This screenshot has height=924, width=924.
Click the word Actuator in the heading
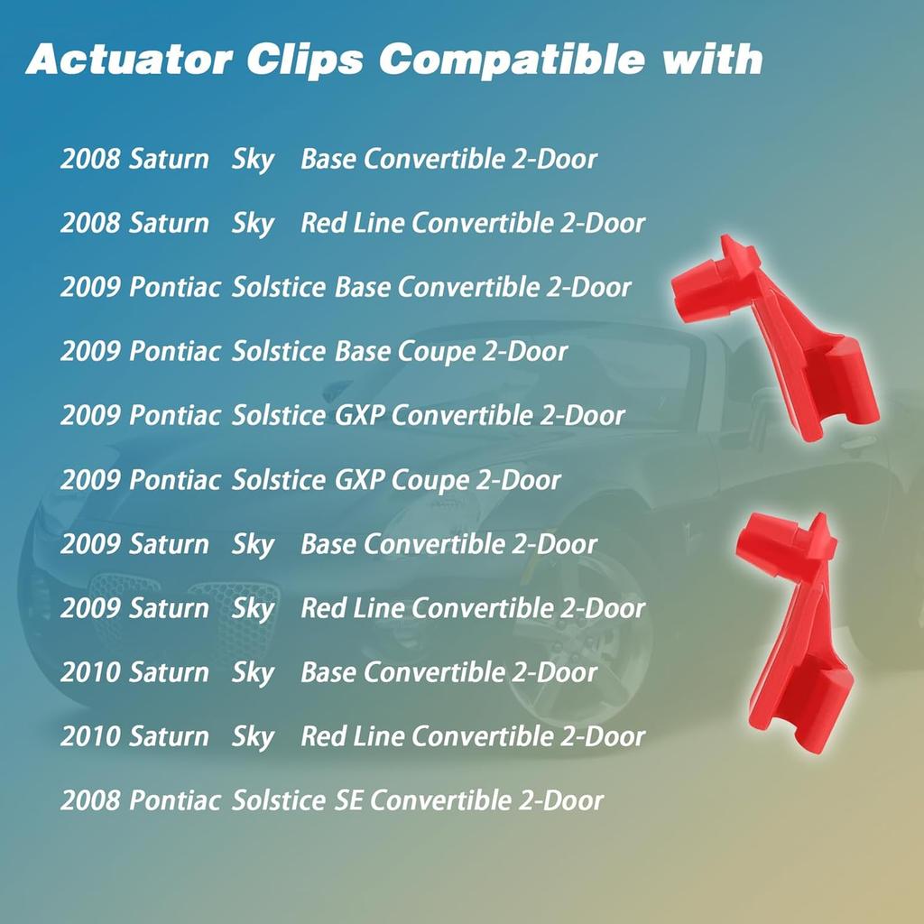tap(127, 60)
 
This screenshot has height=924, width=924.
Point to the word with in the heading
tap(713, 60)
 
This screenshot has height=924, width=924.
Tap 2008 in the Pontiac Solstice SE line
tap(90, 799)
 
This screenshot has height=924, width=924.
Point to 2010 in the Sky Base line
tap(90, 672)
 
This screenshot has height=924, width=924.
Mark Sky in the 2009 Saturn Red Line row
tap(253, 609)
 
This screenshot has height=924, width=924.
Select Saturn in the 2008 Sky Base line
tap(169, 160)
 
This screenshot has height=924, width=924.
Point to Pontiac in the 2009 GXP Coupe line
tap(175, 479)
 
